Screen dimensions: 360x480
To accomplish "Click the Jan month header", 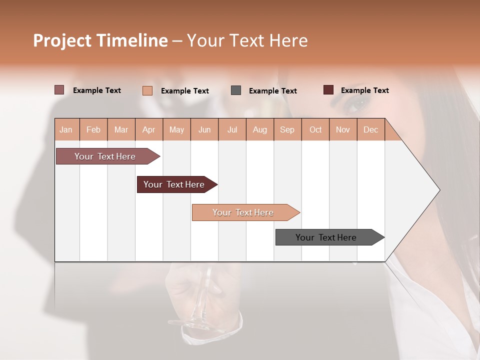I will pyautogui.click(x=66, y=129).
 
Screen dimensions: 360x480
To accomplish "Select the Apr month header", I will pyautogui.click(x=148, y=129).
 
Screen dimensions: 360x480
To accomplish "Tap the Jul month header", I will pyautogui.click(x=232, y=129).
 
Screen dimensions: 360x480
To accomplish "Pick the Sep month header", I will pyautogui.click(x=287, y=129).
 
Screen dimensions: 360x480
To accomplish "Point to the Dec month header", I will pyautogui.click(x=370, y=129).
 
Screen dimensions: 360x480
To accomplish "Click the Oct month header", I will pyautogui.click(x=315, y=129).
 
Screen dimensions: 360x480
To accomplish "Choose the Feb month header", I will pyautogui.click(x=93, y=129).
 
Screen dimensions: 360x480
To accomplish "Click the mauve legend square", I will pyautogui.click(x=59, y=90).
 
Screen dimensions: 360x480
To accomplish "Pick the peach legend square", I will pyautogui.click(x=147, y=90).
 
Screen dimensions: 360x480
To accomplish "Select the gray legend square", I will pyautogui.click(x=236, y=90).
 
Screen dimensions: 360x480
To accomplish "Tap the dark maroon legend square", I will pyautogui.click(x=328, y=90).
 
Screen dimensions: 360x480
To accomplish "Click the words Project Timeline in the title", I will pyautogui.click(x=100, y=40).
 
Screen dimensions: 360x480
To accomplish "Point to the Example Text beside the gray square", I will pyautogui.click(x=272, y=90).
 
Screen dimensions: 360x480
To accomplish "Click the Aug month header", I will pyautogui.click(x=260, y=129).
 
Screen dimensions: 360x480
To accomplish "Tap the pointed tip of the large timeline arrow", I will pyautogui.click(x=438, y=190).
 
